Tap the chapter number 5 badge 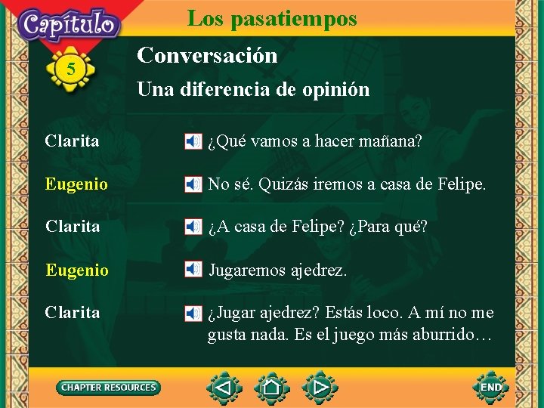71,70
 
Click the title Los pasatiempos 272,17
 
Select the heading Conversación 207,55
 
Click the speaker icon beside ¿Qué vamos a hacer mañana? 193,141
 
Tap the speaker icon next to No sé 193,184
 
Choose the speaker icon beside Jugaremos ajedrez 193,270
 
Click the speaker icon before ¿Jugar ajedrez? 193,312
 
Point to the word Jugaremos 247,270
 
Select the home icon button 272,388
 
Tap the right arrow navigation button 320,388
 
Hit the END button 491,387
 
